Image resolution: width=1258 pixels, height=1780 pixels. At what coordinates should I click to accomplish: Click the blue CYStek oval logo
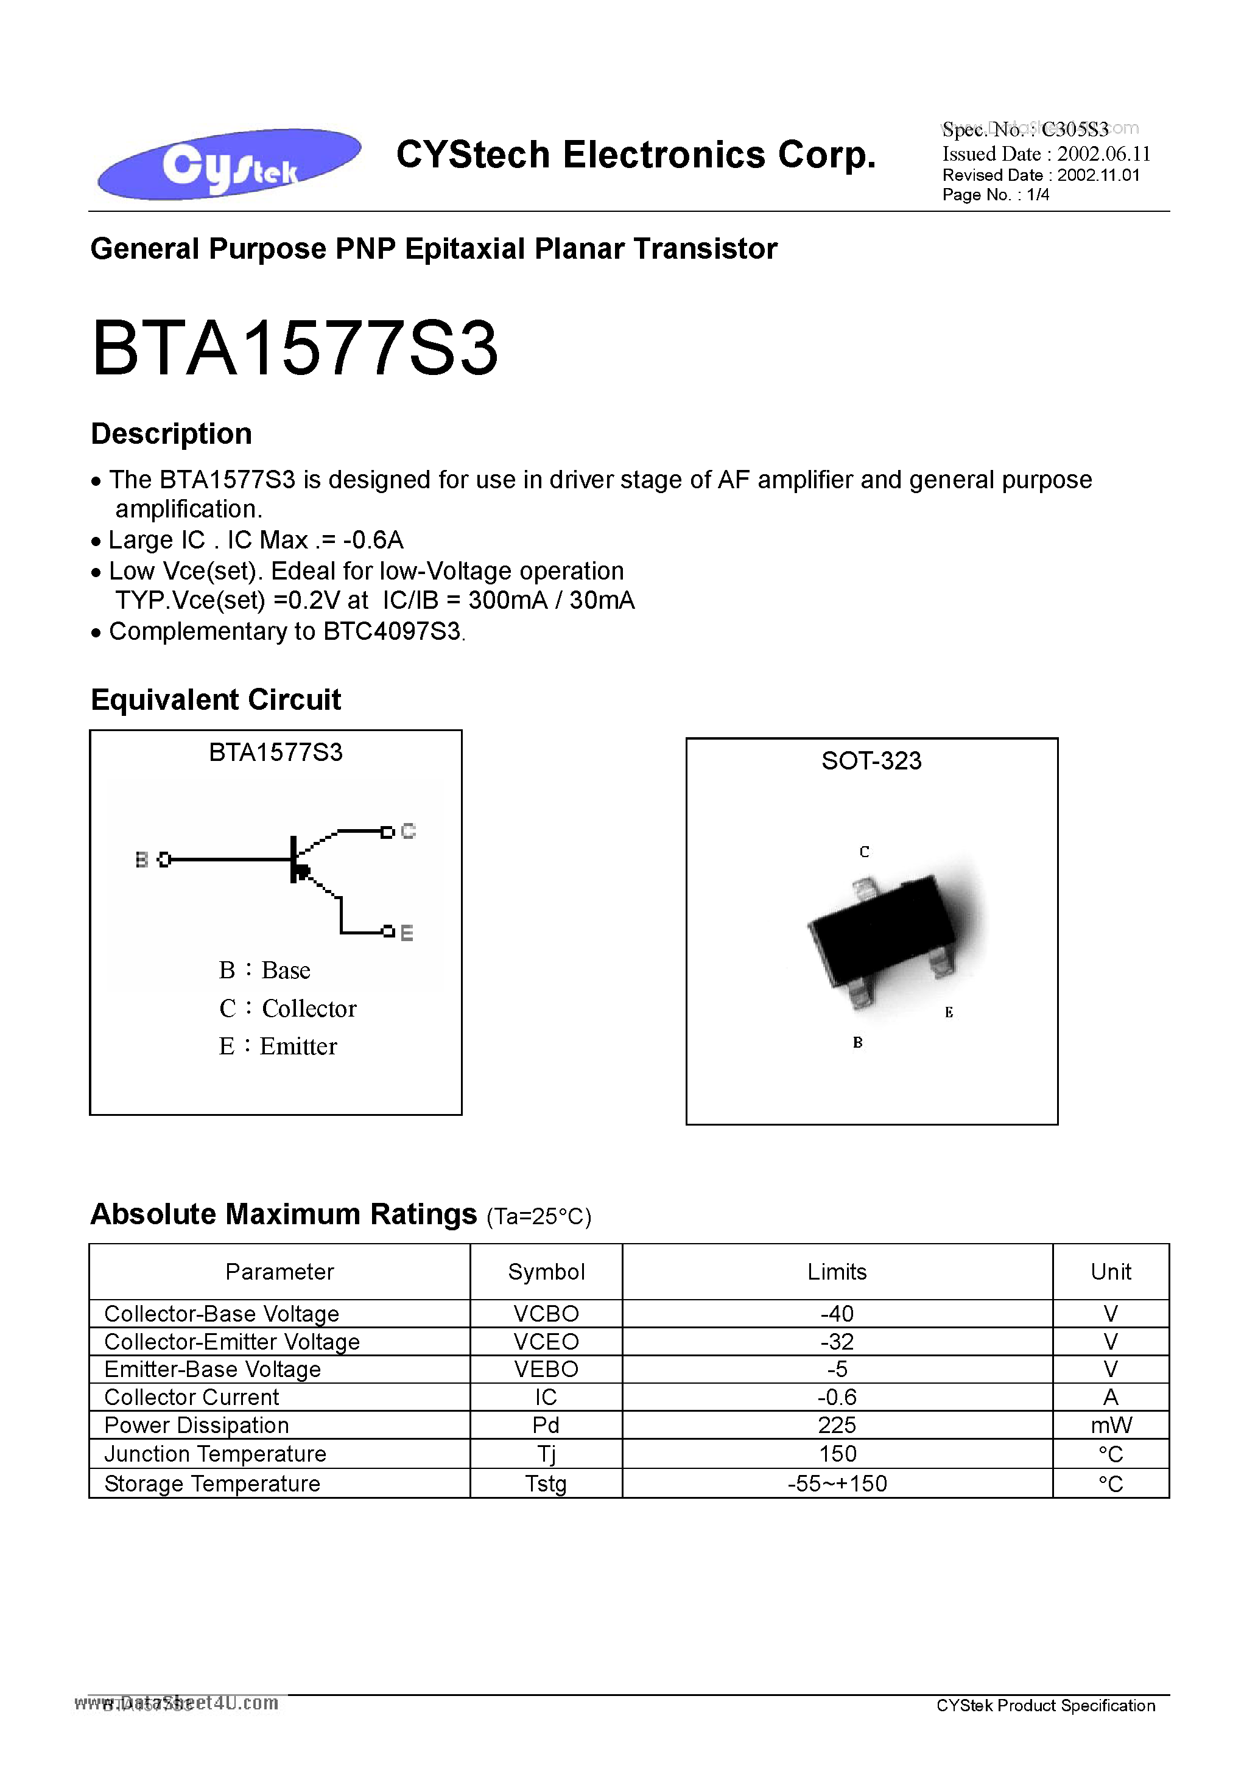229,164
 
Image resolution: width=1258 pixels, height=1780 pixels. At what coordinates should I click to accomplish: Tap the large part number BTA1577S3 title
295,349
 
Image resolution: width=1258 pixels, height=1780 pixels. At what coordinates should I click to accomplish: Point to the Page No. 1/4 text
996,195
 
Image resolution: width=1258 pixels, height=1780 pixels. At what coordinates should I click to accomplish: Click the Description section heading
171,434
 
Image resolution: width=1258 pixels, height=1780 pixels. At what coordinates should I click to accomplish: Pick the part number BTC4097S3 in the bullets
392,632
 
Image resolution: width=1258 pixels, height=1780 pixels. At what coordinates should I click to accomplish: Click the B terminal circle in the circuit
164,860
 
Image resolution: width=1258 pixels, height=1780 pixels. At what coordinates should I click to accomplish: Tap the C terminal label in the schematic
409,832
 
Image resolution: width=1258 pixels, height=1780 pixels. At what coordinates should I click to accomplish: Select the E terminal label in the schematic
406,933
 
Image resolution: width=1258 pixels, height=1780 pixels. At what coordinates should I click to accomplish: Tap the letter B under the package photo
858,1043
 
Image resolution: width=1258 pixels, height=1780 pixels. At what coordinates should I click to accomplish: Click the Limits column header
837,1272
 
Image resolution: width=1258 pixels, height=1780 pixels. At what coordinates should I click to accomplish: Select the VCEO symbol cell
546,1342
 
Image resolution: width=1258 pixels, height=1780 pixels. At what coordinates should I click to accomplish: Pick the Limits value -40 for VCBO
837,1314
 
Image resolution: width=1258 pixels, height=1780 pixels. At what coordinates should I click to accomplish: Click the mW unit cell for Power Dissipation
1111,1426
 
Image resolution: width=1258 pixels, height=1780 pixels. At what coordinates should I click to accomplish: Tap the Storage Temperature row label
212,1484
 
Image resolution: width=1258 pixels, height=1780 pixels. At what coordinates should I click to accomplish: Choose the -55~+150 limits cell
837,1484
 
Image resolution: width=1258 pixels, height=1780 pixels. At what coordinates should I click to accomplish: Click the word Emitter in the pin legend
298,1046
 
